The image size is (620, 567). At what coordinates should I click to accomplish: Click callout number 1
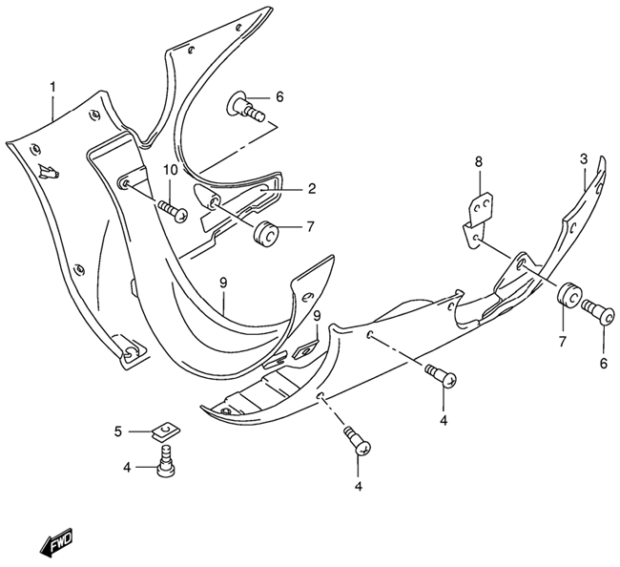(x=52, y=87)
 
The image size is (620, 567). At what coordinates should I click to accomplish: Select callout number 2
(x=312, y=188)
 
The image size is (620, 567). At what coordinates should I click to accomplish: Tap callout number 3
(x=584, y=159)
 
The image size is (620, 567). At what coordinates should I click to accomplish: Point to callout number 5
(x=118, y=431)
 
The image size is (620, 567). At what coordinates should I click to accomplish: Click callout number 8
(x=479, y=162)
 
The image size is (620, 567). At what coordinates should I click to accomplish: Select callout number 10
(x=172, y=170)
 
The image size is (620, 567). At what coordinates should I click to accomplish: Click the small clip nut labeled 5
(x=165, y=430)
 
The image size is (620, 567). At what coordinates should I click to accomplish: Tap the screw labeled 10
(x=173, y=211)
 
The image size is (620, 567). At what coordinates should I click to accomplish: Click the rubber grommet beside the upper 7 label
(x=266, y=235)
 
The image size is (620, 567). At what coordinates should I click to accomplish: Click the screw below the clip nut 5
(x=166, y=461)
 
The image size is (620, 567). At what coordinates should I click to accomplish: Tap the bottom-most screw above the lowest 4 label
(x=358, y=441)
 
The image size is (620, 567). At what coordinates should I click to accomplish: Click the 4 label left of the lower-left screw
(x=127, y=468)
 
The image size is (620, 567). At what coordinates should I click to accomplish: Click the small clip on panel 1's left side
(x=49, y=171)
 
